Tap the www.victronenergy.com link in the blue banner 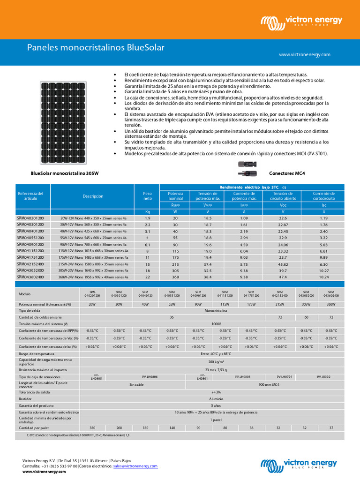pos(304,55)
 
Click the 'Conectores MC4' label pos(287,173)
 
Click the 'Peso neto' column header pos(148,196)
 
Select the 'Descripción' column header pos(93,196)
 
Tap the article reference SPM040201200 pos(30,218)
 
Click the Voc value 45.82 pos(283,264)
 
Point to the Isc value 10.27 pos(324,270)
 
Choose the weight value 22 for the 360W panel pos(148,277)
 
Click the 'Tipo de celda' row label pos(30,311)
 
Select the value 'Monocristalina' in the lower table pos(212,311)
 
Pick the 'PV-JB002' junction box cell pos(323,376)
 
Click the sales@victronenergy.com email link pos(135,466)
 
